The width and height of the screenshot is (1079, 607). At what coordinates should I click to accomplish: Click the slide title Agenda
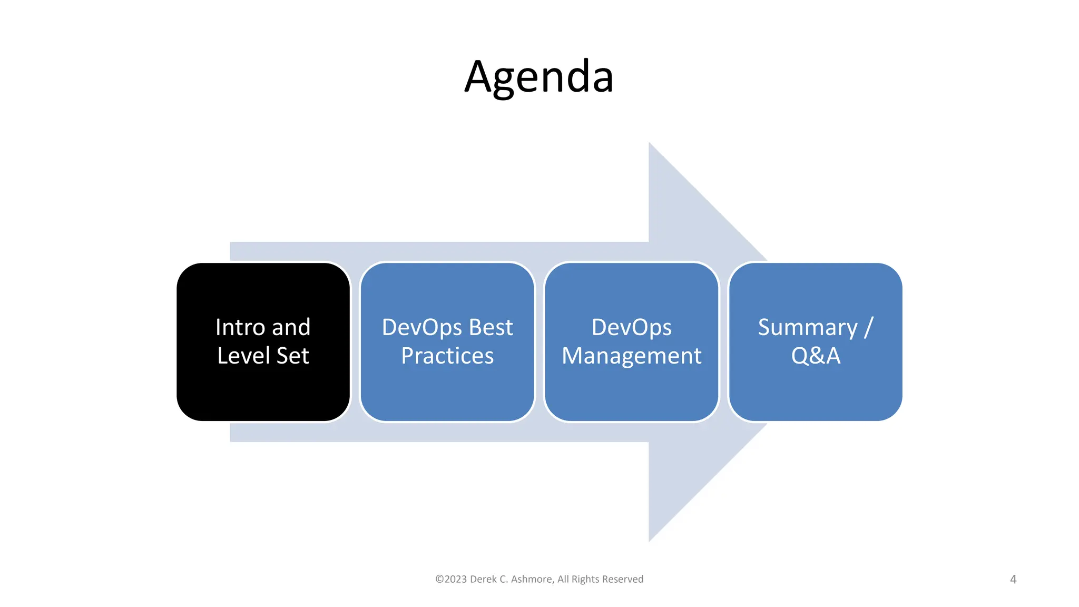pos(539,77)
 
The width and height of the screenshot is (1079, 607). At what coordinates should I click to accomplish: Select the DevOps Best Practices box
pos(447,390)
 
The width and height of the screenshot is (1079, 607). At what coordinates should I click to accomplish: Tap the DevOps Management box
pos(631,390)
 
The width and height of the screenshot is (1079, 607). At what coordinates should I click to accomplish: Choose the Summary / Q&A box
pos(815,390)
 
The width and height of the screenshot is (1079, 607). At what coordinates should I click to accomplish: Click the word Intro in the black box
pos(240,327)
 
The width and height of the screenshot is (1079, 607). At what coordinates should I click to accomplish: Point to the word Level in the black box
pos(243,356)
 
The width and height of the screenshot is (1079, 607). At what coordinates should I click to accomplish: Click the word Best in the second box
pos(491,327)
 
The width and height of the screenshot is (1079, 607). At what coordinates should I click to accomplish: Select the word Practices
pos(447,356)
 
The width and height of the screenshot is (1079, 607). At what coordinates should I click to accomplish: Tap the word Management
pos(631,356)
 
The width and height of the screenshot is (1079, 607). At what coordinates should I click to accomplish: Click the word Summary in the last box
pos(807,328)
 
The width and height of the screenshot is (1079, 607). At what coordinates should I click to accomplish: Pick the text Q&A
pos(816,356)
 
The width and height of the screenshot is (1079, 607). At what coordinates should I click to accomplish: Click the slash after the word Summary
pos(869,327)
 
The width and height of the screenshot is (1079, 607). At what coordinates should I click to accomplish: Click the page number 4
pos(1013,580)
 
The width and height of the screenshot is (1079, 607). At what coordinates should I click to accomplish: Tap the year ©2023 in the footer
pos(451,579)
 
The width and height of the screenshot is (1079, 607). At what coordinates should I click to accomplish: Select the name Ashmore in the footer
pos(532,579)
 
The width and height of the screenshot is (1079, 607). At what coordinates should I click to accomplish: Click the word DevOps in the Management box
pos(631,327)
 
